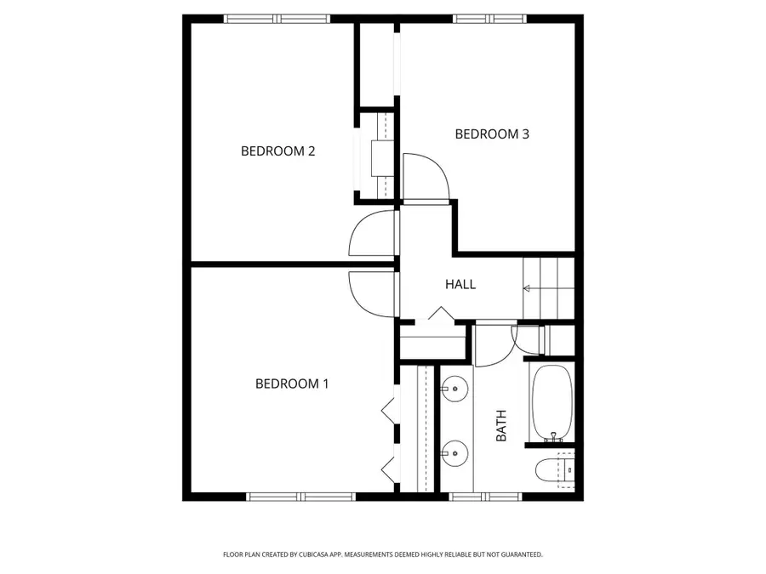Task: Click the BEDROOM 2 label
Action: (x=278, y=151)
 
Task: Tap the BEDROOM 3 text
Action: (x=492, y=134)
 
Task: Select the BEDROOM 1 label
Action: (x=292, y=384)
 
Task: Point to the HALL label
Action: (x=460, y=284)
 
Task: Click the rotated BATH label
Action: (x=501, y=425)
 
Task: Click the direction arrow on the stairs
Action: (x=528, y=289)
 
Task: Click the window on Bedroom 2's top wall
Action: (x=277, y=18)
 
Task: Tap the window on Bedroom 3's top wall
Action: (x=489, y=18)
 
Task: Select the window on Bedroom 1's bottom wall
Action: (x=300, y=496)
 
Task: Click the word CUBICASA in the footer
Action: (x=313, y=554)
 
